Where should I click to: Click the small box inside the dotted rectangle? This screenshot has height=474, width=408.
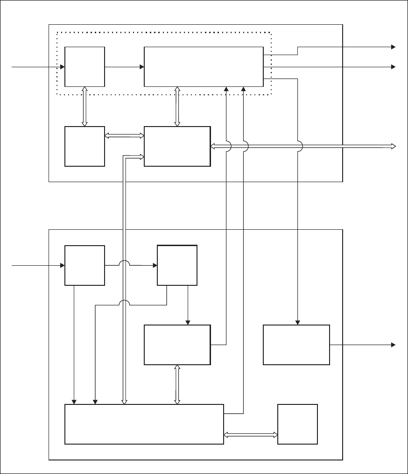click(84, 66)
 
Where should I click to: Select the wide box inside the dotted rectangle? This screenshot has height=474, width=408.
click(204, 66)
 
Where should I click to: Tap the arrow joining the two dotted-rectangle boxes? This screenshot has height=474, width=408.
click(124, 67)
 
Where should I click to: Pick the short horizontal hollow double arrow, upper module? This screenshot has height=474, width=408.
click(124, 136)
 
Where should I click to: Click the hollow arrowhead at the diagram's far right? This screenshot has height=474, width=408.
click(393, 146)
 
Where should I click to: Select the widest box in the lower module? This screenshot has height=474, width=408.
click(144, 424)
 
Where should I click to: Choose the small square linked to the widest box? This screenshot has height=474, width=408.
click(297, 424)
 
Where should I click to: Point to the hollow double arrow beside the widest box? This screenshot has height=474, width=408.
click(251, 435)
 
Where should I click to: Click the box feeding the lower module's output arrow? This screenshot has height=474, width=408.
click(296, 345)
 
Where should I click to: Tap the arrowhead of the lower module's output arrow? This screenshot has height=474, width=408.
click(393, 345)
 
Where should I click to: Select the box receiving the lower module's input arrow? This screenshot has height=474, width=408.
click(84, 265)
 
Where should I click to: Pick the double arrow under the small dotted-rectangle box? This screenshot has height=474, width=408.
click(84, 106)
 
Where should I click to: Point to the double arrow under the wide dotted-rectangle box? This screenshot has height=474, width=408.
click(177, 106)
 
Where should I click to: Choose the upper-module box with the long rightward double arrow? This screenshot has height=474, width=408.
click(177, 146)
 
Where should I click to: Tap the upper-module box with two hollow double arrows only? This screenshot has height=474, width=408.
click(84, 146)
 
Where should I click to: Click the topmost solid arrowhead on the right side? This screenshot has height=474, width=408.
click(393, 47)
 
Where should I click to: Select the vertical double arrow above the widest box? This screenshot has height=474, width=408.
click(177, 384)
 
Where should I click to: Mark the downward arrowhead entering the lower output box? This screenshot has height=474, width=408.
click(298, 322)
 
